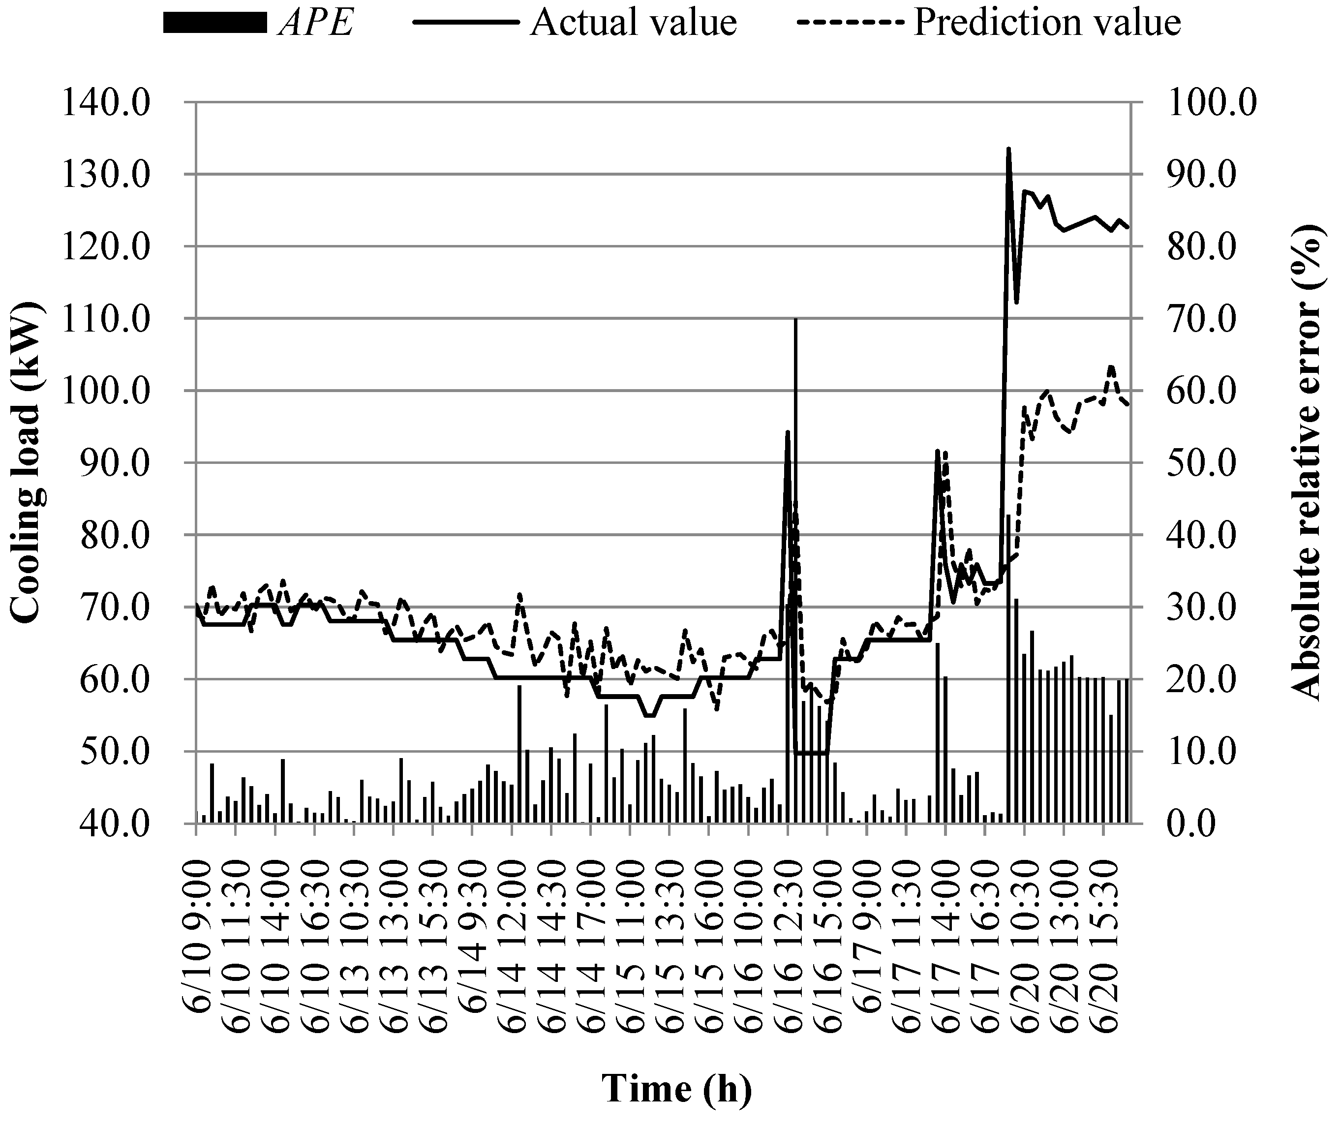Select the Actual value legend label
[633, 23]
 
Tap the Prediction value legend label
[1046, 23]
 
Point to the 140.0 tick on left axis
[106, 102]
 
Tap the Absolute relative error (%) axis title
[1306, 462]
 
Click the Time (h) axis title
[676, 1089]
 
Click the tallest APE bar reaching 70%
[795, 320]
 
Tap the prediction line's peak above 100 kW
[1111, 366]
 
